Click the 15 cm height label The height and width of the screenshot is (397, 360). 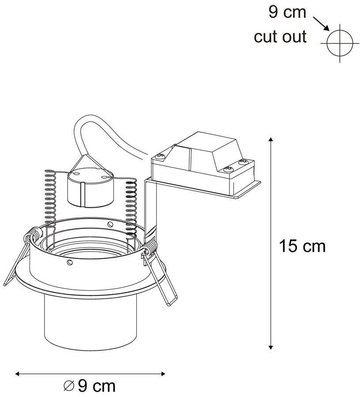tap(302, 246)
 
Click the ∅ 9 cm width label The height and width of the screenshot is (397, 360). tap(90, 386)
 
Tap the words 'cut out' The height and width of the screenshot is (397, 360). tap(280, 37)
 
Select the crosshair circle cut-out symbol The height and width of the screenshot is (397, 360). tap(341, 43)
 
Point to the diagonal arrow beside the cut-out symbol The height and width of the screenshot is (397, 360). tap(321, 24)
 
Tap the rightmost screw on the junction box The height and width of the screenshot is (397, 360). tap(242, 163)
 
